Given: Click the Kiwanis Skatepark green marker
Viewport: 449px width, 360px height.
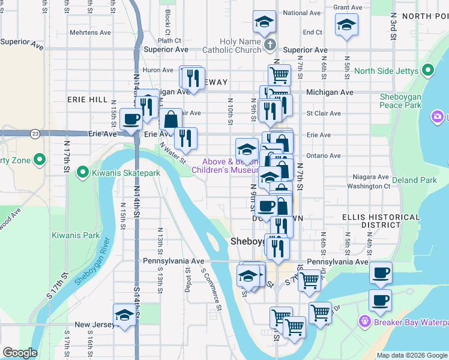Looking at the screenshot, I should point(82,173).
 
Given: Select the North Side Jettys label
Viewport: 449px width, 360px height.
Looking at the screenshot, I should point(386,71).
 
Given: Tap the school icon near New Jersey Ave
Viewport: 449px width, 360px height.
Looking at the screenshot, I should point(124,314).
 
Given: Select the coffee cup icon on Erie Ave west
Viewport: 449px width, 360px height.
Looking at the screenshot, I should point(131,118).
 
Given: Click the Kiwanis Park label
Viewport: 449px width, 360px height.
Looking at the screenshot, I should point(76,235).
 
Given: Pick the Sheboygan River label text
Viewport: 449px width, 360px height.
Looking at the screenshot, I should point(92,262).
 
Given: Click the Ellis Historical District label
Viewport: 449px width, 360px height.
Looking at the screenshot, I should point(372,220).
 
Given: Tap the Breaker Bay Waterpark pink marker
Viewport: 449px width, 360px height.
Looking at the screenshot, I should point(363,322).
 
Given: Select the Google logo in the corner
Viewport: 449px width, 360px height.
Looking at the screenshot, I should point(20,353).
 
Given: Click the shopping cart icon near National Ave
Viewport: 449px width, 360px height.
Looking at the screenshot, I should point(279,74).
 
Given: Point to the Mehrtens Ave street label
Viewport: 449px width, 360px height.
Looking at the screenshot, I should point(90,32).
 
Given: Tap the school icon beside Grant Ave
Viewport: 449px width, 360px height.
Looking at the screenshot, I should point(346,26).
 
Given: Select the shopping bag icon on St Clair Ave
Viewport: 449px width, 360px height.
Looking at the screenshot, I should point(171,118).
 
